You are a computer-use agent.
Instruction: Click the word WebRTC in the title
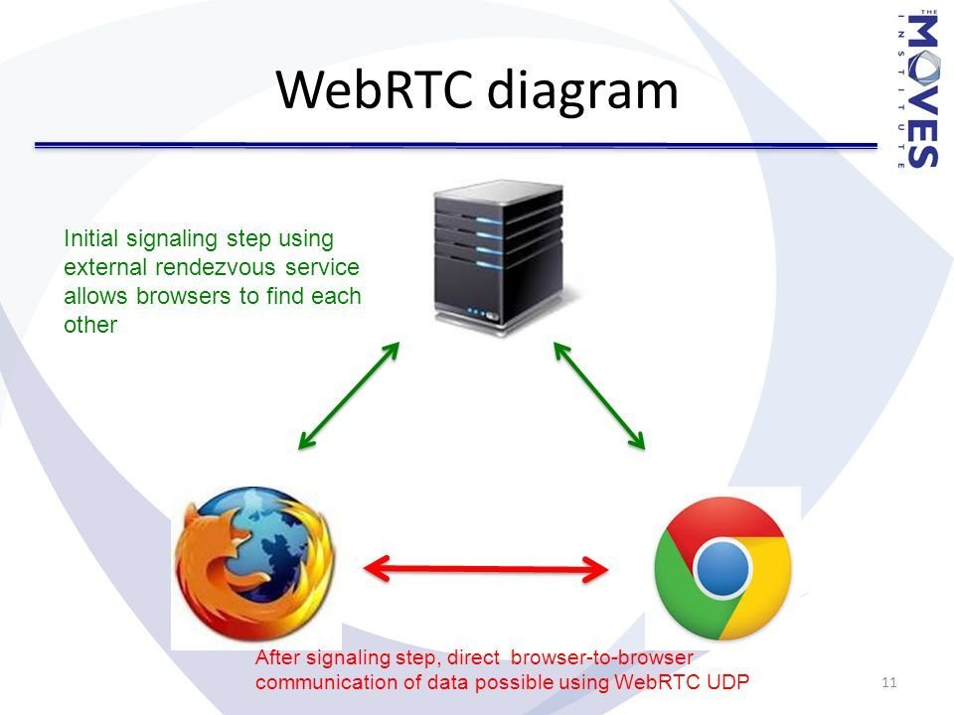375,89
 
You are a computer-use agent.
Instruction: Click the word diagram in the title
582,91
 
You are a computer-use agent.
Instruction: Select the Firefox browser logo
254,564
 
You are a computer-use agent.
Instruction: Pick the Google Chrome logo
722,568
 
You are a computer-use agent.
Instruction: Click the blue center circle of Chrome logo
722,569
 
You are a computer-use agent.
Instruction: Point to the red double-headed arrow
486,569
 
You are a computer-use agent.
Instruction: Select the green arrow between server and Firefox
349,396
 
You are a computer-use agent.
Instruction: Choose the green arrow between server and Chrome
599,396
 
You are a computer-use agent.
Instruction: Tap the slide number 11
888,682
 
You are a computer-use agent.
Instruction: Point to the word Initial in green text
90,238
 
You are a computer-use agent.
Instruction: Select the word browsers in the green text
184,296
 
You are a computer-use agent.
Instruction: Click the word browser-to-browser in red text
602,657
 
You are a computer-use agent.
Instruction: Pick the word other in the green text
90,325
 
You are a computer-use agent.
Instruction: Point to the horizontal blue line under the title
456,145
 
